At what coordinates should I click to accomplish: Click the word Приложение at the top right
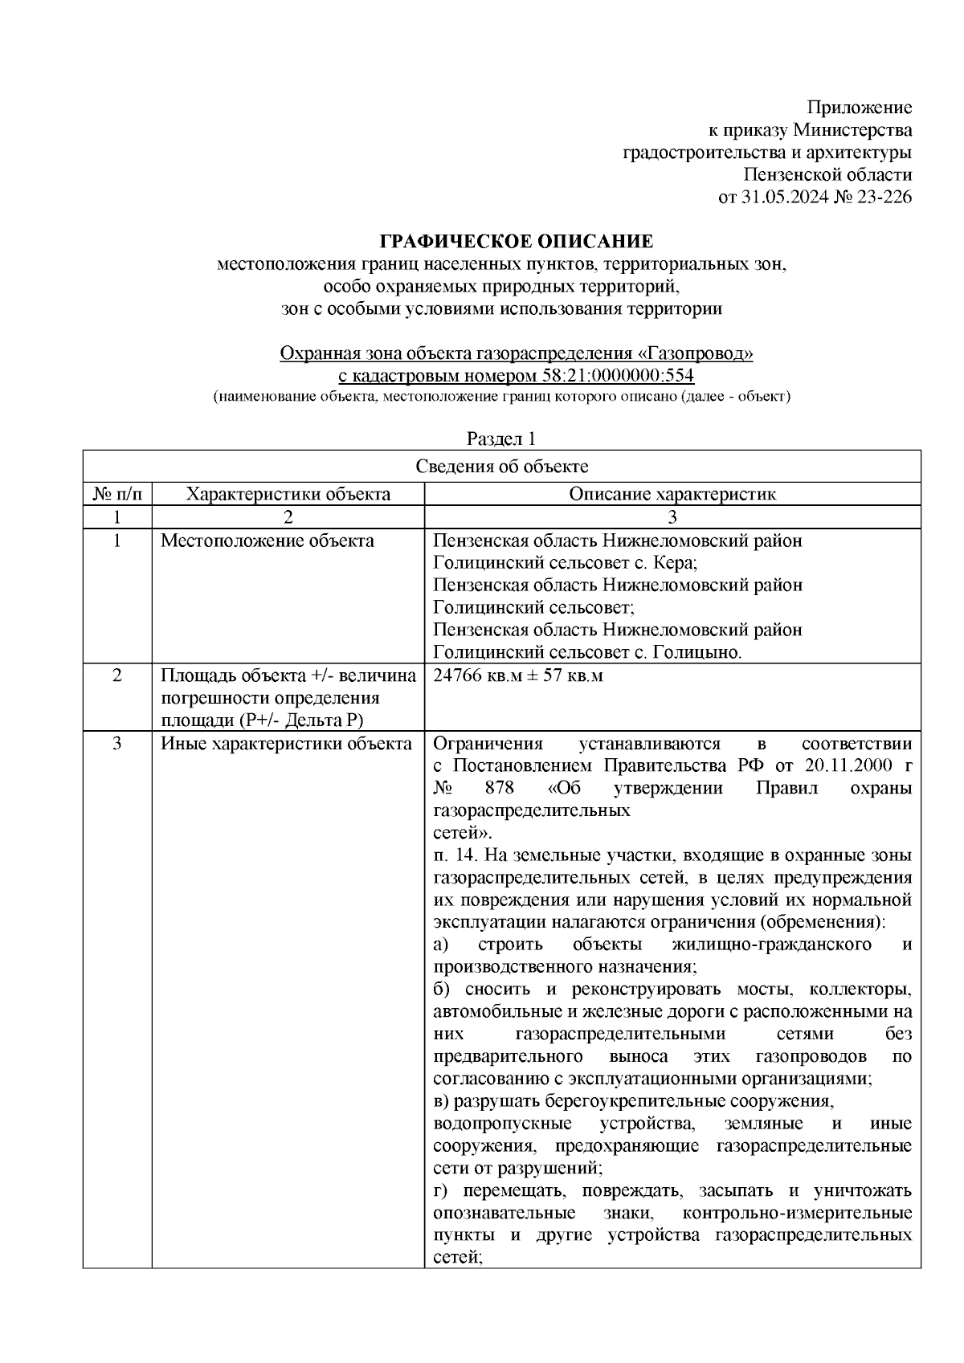860,108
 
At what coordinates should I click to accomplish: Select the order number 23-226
883,197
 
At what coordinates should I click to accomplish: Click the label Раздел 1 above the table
501,439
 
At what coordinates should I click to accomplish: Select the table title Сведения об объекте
502,467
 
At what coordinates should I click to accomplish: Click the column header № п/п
117,494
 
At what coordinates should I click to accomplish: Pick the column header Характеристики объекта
288,494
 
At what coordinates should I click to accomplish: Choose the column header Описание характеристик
672,494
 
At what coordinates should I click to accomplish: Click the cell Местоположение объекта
268,541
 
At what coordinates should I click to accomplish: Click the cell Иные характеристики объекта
287,744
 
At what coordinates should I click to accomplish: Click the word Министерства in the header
852,130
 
